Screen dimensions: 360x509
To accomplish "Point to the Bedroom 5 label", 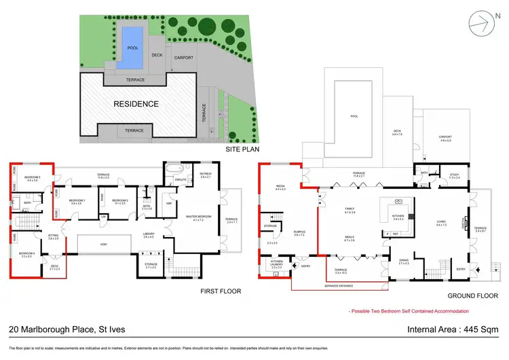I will (x=33, y=179).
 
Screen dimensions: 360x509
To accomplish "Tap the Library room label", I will (x=149, y=235).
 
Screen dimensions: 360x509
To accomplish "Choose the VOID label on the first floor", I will (x=103, y=243).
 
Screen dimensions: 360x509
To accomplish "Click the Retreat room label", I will (x=206, y=175).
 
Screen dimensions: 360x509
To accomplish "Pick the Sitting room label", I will (x=54, y=237).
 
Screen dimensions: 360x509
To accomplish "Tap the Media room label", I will (x=280, y=186).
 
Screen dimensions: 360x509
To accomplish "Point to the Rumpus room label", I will (x=300, y=232).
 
